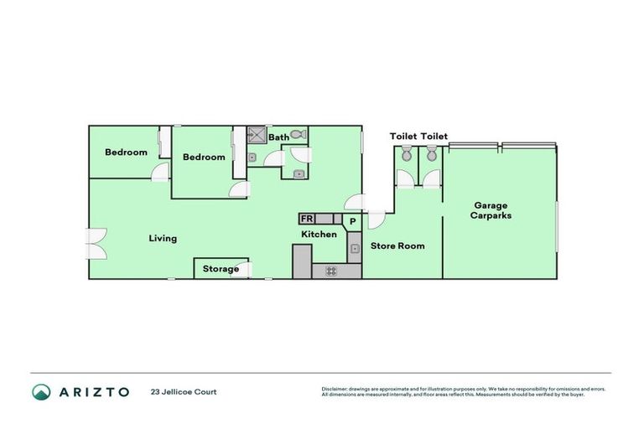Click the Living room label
coord(163,239)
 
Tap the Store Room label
coord(397,246)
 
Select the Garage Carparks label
coord(492,210)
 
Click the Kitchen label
coord(319,235)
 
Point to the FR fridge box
coord(307,220)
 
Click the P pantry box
coord(353,222)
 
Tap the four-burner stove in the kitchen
coord(331,271)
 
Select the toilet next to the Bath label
coord(298,134)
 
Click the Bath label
coord(278,137)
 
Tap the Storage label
coord(221,269)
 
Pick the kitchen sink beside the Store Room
coord(354,248)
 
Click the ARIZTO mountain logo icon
coord(41,392)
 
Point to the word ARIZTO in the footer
coord(93,392)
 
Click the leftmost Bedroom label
coord(126,152)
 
